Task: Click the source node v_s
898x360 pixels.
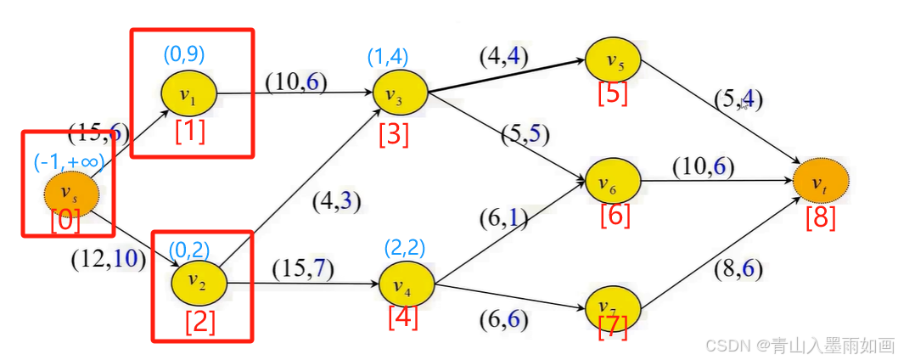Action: (72, 194)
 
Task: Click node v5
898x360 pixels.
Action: (613, 61)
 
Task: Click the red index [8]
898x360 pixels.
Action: (820, 217)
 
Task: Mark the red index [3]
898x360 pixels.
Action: (394, 133)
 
